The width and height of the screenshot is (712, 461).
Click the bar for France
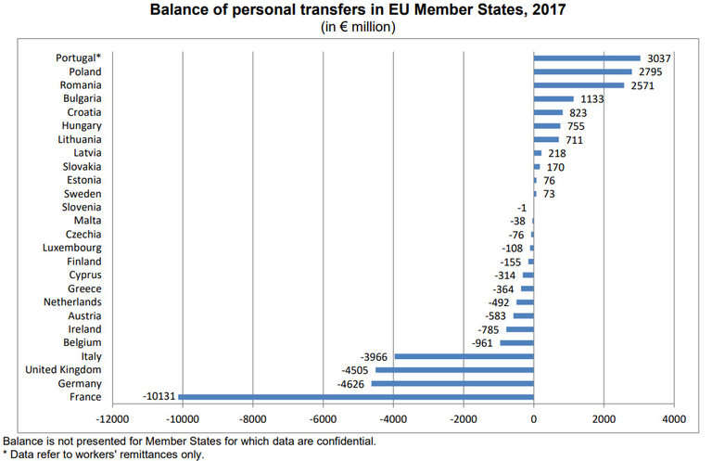[356, 397]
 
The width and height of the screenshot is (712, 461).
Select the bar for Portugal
[587, 58]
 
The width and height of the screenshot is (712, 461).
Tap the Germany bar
[452, 383]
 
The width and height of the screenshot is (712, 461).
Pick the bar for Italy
[464, 356]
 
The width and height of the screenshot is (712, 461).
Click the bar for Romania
[578, 85]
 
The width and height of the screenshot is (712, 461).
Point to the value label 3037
[659, 58]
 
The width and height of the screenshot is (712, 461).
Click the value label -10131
[160, 397]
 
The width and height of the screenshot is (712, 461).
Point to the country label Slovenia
[81, 207]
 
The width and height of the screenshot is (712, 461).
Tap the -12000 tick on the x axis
[113, 418]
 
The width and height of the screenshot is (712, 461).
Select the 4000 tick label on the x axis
[673, 418]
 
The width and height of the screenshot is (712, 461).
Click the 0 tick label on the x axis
[533, 418]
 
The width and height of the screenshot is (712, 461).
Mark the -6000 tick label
[323, 418]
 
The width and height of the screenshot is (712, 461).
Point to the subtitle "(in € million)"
[356, 26]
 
